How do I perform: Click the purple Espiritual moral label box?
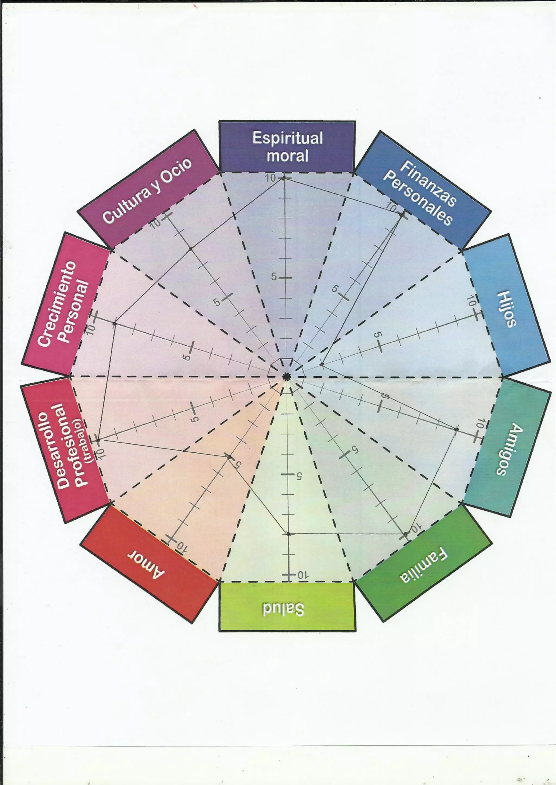click(287, 147)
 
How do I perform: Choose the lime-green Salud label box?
click(287, 608)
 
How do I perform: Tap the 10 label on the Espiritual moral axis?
click(270, 178)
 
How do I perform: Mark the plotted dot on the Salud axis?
click(289, 534)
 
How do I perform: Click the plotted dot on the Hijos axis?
click(321, 365)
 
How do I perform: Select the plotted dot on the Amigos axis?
click(456, 429)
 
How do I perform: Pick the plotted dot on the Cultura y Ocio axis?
click(191, 249)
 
